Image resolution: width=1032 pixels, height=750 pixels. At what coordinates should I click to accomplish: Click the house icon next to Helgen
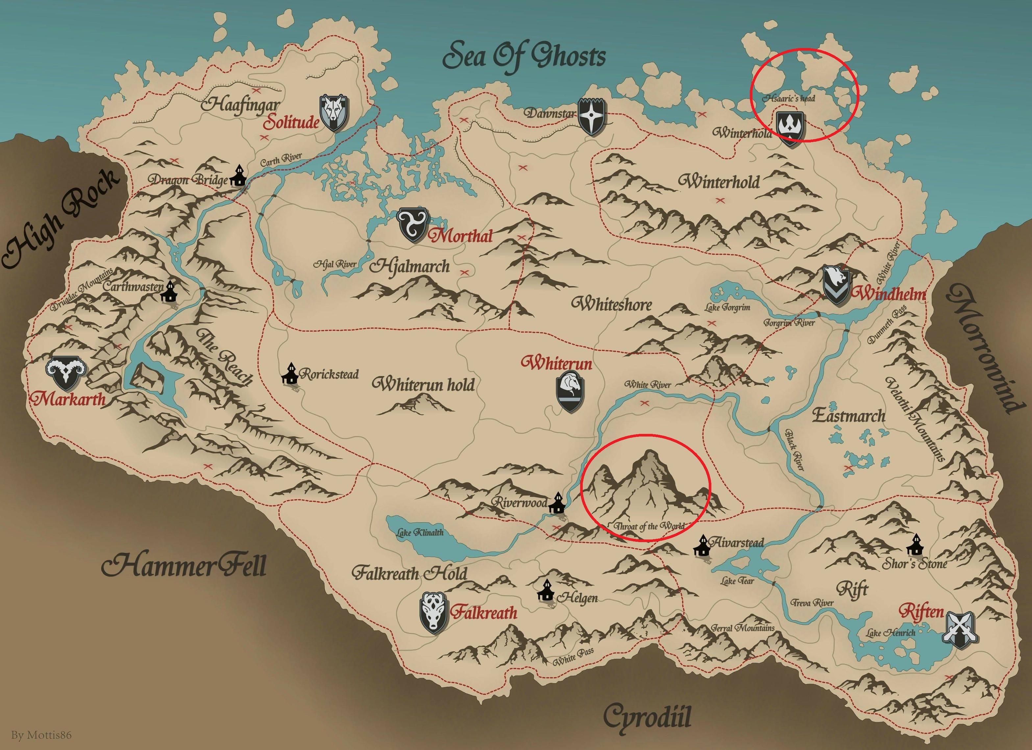pos(546,591)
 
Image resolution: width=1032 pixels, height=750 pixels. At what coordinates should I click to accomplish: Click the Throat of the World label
pos(649,526)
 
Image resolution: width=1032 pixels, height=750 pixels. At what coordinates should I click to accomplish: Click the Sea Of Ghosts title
pos(524,57)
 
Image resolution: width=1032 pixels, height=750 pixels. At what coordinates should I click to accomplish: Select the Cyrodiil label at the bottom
pos(647,716)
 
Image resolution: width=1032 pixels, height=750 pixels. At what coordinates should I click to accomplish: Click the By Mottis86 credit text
pos(41,735)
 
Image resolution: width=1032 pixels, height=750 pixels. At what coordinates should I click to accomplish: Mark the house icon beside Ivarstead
pos(702,546)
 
